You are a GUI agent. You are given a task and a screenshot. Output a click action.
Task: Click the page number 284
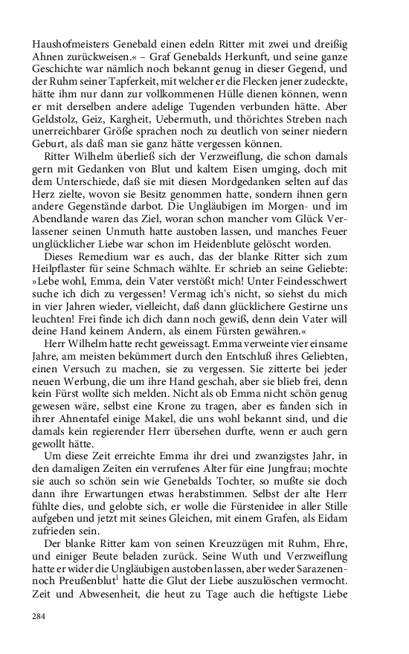[x=38, y=616]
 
